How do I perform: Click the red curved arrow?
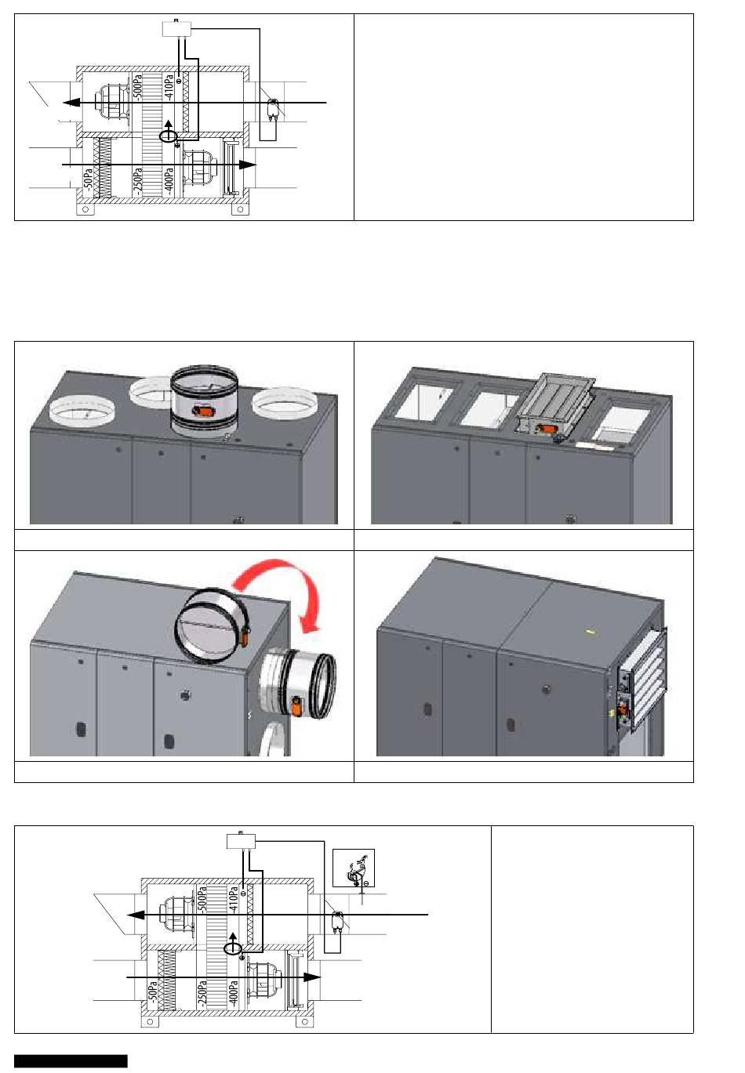pyautogui.click(x=283, y=572)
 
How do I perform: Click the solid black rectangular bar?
pyautogui.click(x=71, y=1060)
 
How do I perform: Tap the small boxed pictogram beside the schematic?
pyautogui.click(x=354, y=868)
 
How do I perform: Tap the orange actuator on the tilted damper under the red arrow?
pyautogui.click(x=245, y=637)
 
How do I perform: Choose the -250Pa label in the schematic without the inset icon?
pyautogui.click(x=137, y=180)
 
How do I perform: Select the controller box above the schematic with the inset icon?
pyautogui.click(x=241, y=841)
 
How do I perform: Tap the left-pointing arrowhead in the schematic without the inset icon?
pyautogui.click(x=71, y=103)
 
